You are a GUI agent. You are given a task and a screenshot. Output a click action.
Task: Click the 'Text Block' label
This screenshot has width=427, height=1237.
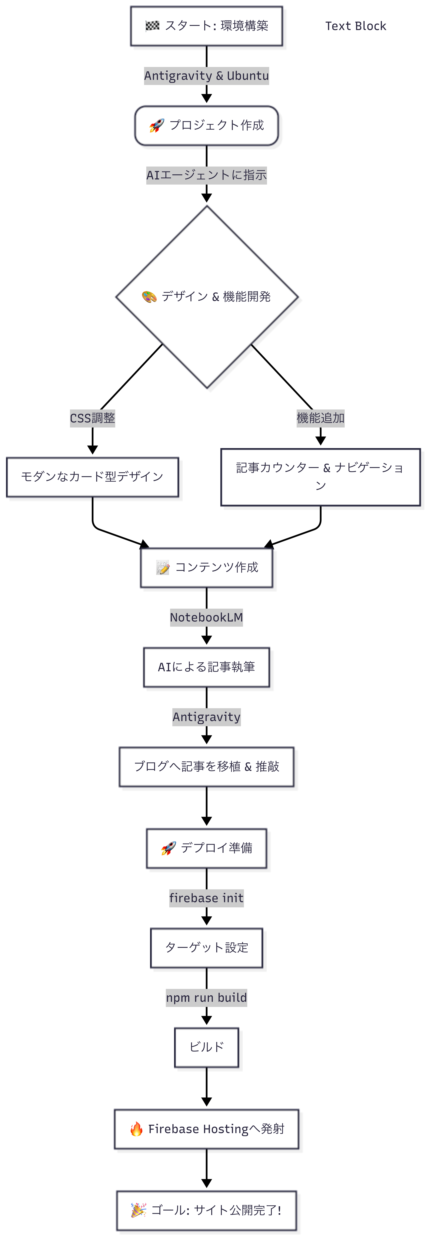point(355,26)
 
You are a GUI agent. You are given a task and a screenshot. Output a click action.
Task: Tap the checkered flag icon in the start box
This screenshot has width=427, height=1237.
point(153,26)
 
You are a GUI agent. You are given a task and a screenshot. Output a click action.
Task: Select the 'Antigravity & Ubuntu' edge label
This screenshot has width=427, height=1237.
point(206,76)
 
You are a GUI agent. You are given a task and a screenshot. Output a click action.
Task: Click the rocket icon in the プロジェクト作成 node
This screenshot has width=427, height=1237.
point(156,126)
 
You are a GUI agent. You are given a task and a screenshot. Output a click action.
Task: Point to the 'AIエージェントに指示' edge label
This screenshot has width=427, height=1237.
point(206,175)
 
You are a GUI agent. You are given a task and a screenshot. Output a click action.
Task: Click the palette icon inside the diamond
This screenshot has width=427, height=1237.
point(149,297)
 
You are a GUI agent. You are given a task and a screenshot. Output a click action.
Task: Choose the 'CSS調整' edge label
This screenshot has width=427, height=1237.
point(93,418)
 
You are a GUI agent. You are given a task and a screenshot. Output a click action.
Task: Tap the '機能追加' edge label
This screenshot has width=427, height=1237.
point(321,418)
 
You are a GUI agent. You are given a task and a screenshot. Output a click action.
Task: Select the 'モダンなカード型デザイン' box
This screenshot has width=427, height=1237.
point(93,477)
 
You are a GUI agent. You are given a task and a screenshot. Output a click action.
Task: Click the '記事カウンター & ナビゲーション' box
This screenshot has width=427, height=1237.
point(321,477)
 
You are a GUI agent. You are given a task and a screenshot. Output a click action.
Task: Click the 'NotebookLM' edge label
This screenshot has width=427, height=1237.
point(206,618)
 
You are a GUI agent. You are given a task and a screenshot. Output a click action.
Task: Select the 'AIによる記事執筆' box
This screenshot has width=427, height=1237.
point(206,667)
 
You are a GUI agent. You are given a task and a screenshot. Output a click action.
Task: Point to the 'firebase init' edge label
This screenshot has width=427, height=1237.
point(206,898)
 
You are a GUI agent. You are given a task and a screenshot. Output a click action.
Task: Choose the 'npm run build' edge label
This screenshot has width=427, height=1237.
point(206,998)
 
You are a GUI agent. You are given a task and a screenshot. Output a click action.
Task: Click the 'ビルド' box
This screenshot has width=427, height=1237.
point(206,1047)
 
